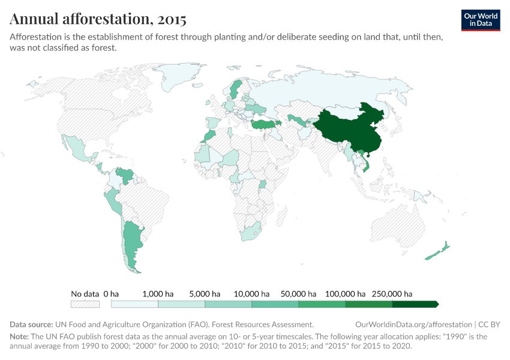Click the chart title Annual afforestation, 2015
(98, 19)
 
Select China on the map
(351, 129)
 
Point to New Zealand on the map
(436, 252)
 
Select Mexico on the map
(78, 150)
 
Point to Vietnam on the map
(365, 162)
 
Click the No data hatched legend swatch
(85, 304)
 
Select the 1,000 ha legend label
(158, 294)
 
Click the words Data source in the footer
(31, 325)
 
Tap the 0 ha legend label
(111, 294)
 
